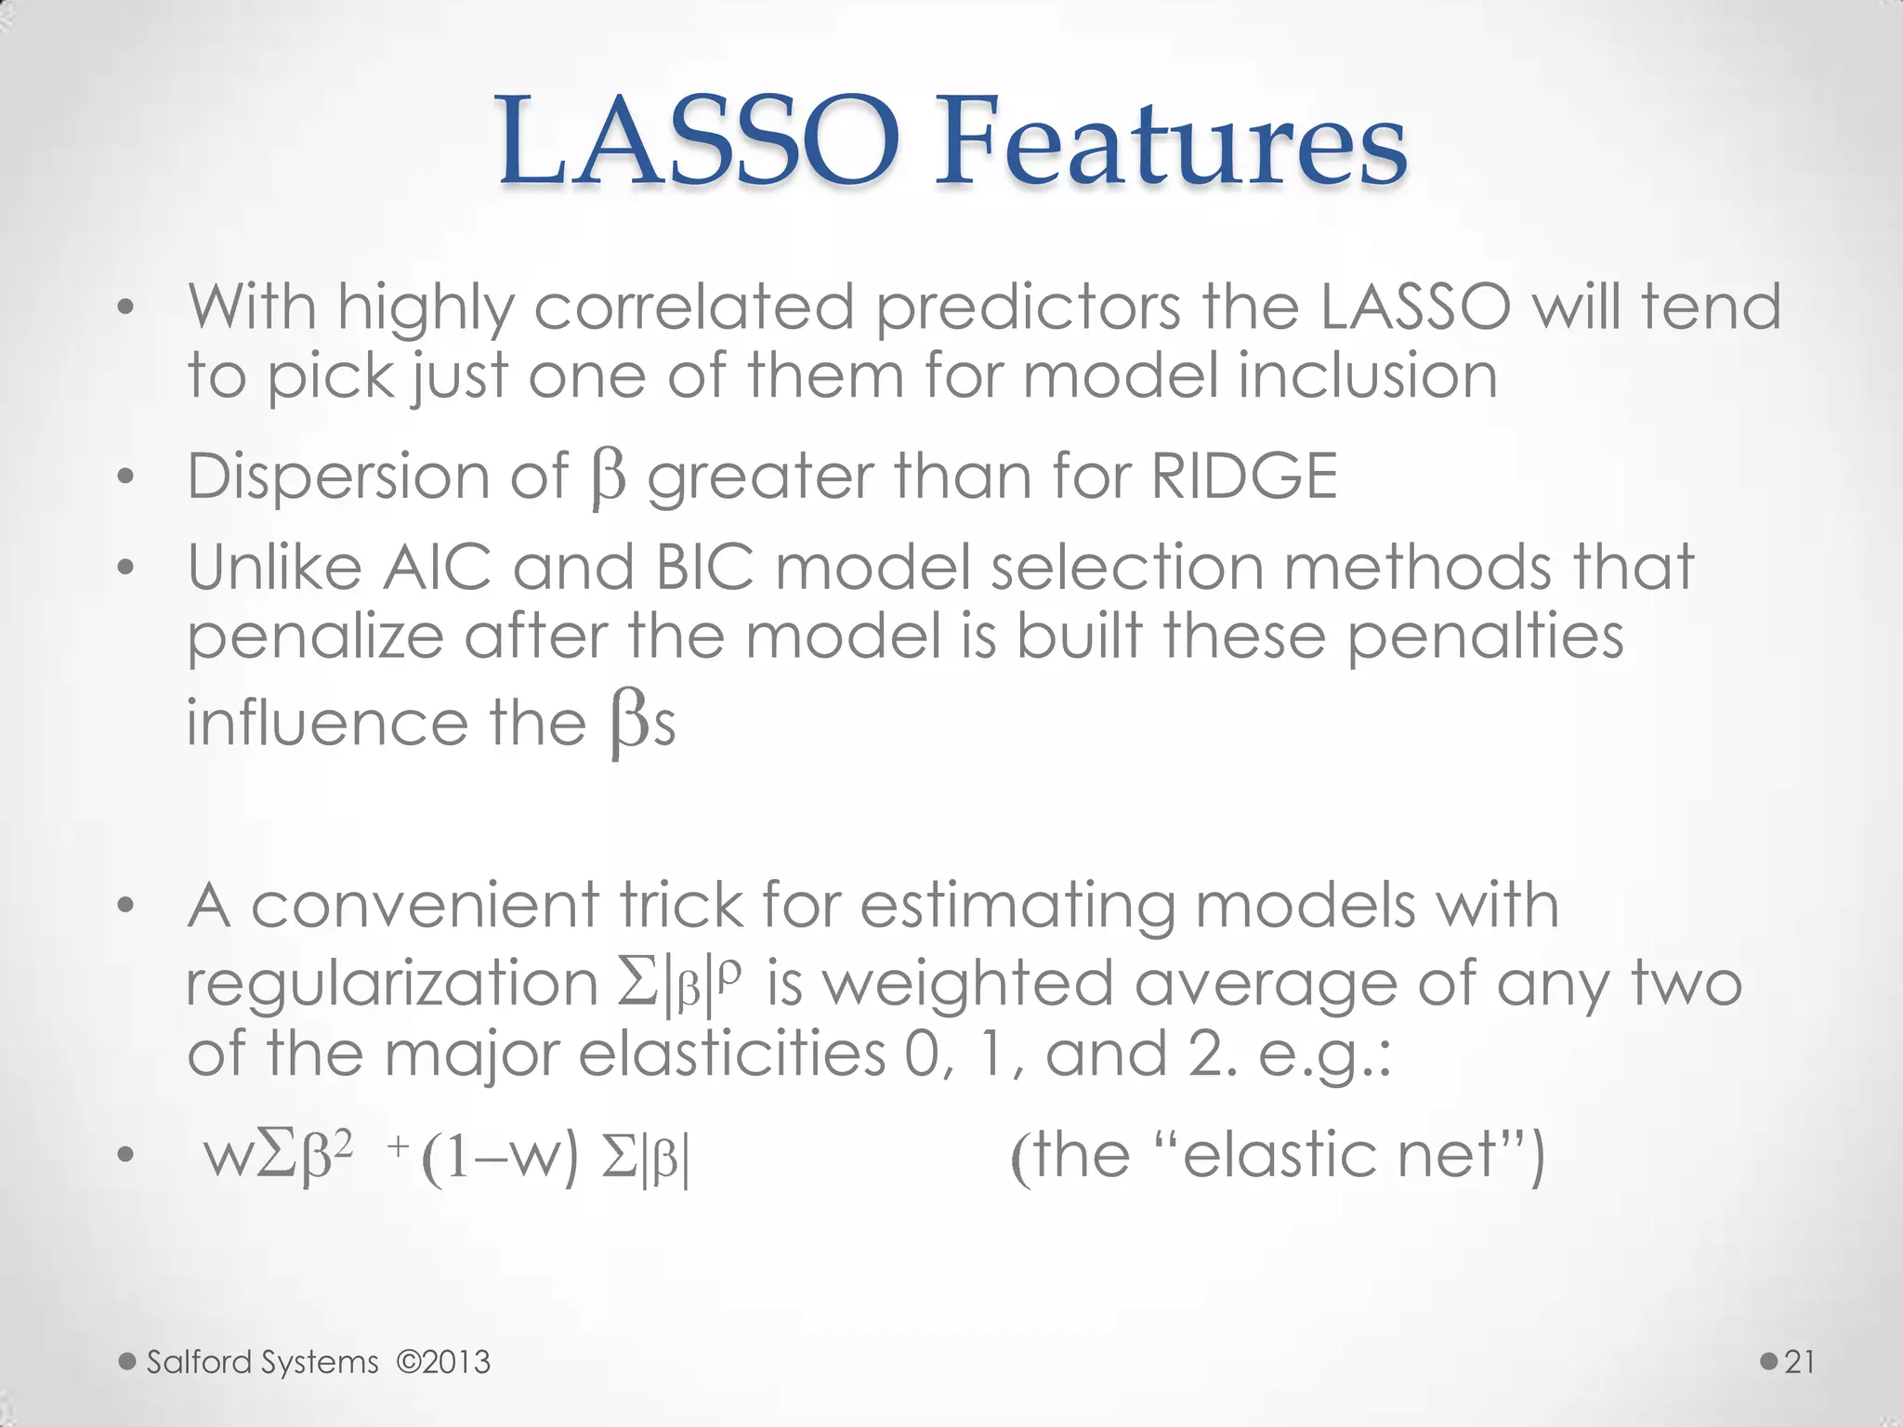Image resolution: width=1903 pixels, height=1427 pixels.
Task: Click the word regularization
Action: pyautogui.click(x=391, y=985)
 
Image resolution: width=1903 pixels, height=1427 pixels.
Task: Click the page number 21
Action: pyautogui.click(x=1800, y=1362)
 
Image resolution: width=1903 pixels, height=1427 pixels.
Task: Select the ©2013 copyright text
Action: pyautogui.click(x=442, y=1362)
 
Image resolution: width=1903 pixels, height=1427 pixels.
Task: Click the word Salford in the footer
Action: pyautogui.click(x=199, y=1362)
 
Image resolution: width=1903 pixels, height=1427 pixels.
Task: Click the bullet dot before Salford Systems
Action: pyautogui.click(x=127, y=1362)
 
